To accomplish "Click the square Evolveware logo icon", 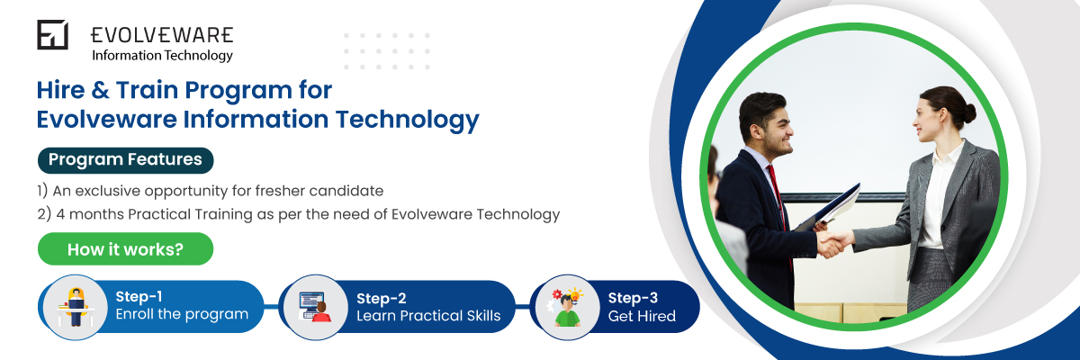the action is (52, 35).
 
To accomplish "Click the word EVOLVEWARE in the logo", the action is (162, 35).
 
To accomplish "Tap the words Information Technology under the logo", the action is (163, 56).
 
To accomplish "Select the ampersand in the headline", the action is (100, 90).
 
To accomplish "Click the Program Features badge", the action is (125, 160).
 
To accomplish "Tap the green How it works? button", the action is (125, 249).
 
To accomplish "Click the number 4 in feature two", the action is (60, 214).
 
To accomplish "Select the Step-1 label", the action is (139, 296).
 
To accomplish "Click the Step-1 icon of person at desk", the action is (76, 307).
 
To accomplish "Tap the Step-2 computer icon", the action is (314, 307).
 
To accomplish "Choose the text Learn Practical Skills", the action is (428, 316).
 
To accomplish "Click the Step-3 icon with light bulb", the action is (565, 308).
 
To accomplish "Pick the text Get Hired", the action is (642, 316).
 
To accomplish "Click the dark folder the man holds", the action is (828, 208).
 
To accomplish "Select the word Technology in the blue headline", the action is (408, 120).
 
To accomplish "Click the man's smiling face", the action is (774, 132).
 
